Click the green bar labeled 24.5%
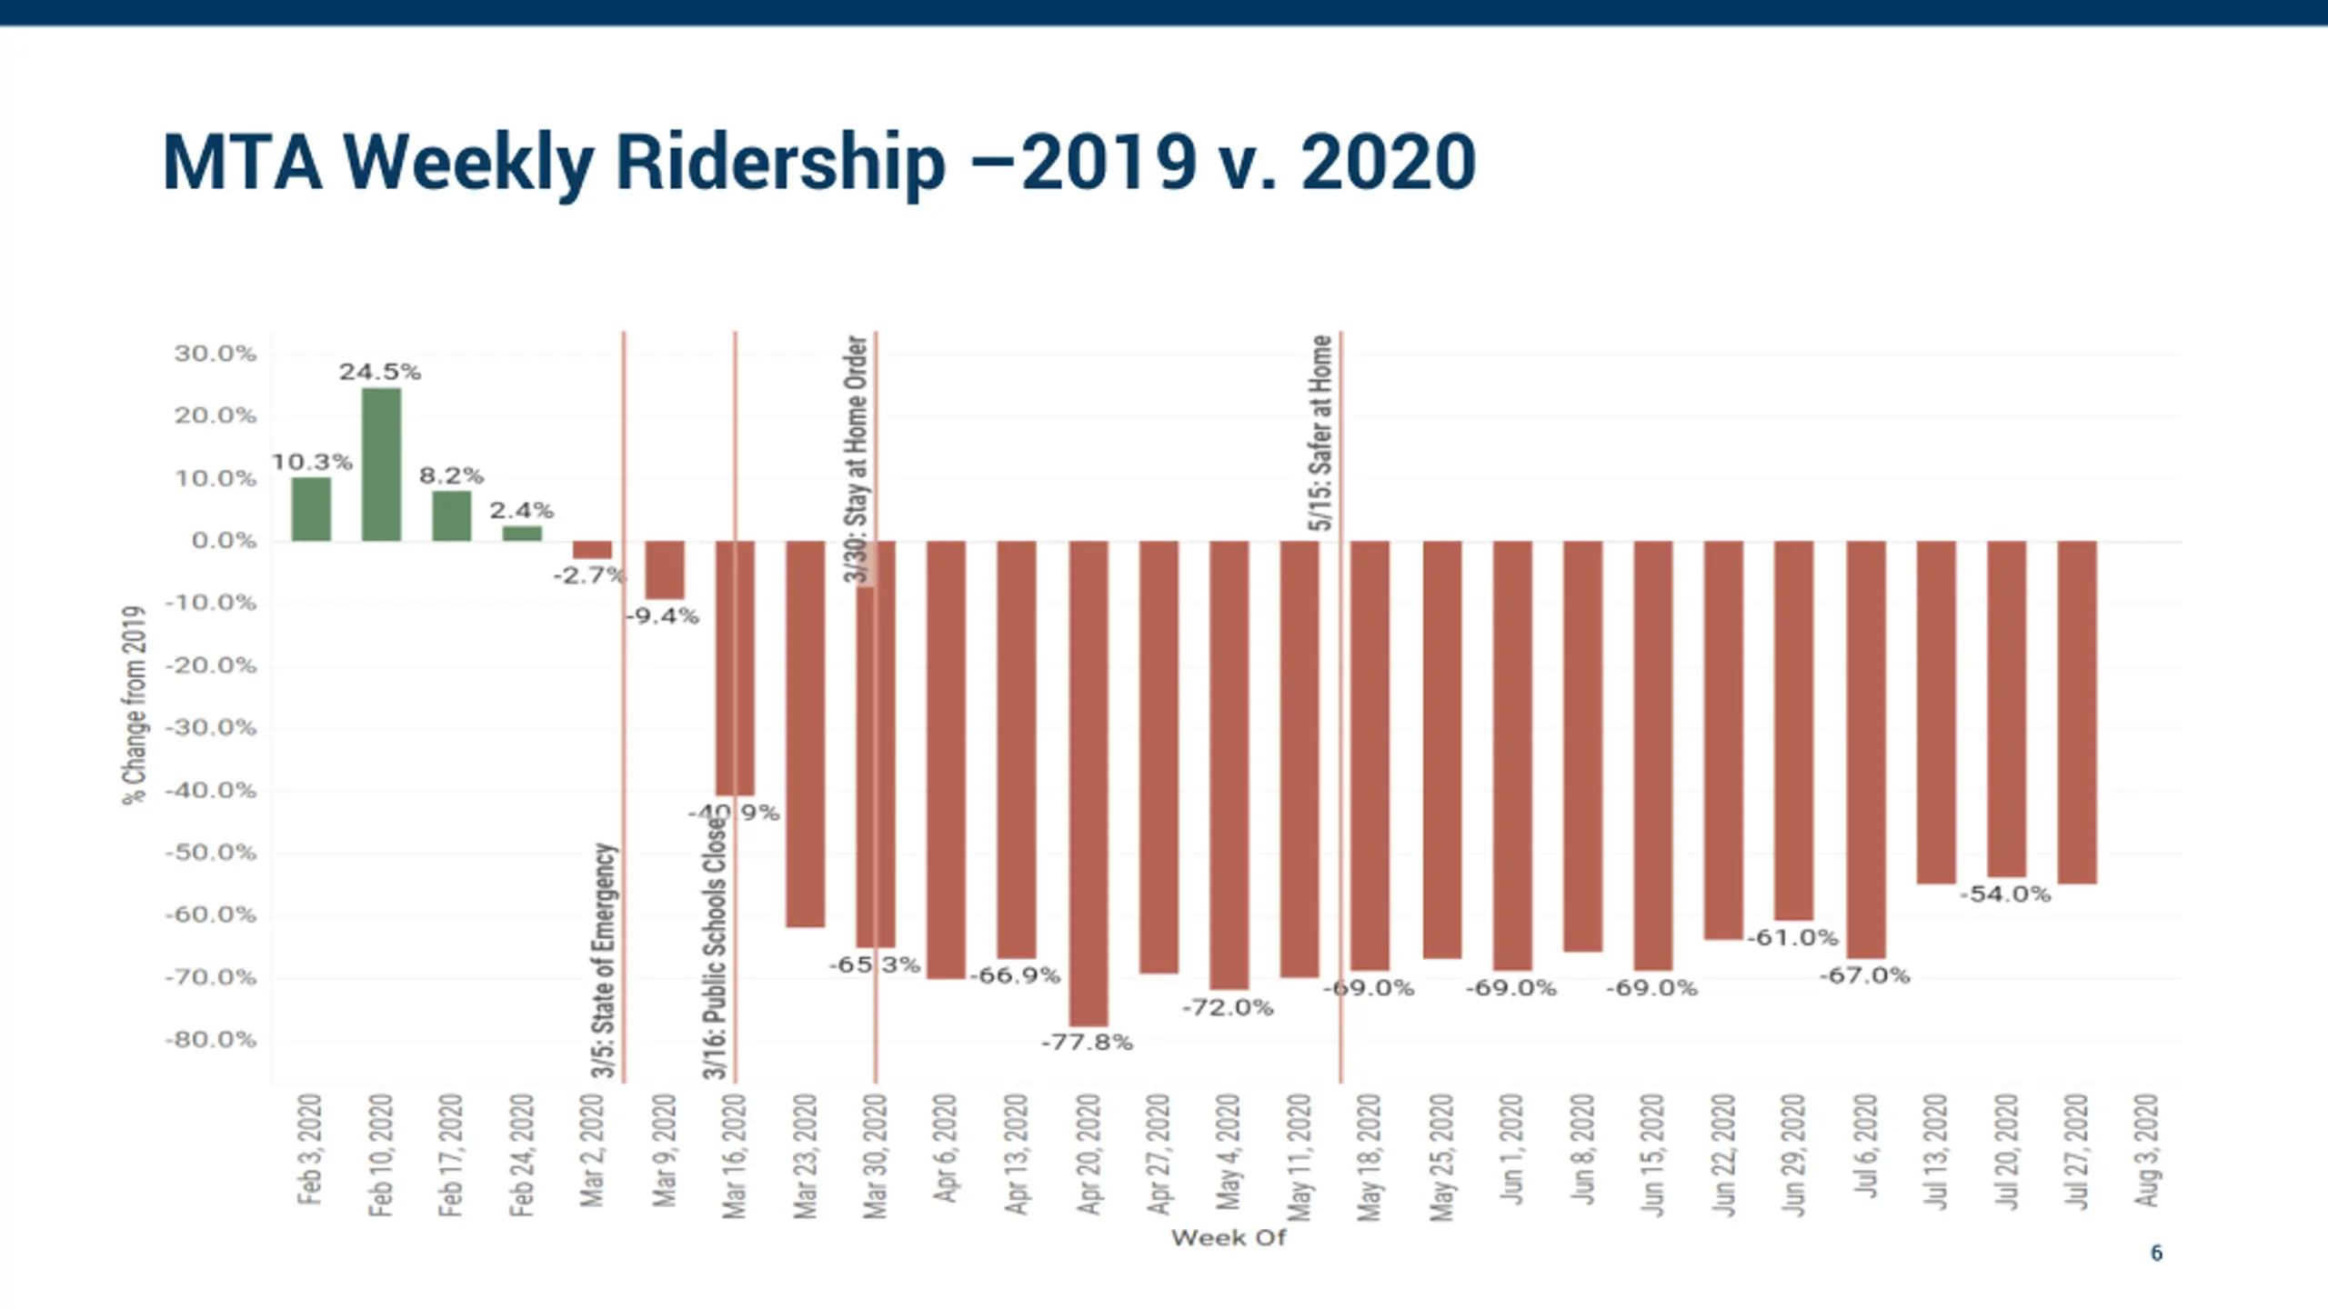[381, 465]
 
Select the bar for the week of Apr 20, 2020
[1089, 783]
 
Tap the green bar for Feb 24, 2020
[522, 534]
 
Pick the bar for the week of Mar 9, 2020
[665, 570]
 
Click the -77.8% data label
[1087, 1043]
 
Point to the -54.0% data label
[2005, 894]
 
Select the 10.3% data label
[312, 462]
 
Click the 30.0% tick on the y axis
[216, 354]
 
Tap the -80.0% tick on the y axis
[211, 1040]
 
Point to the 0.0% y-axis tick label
[224, 541]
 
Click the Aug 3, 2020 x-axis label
[2146, 1151]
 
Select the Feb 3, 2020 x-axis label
[310, 1150]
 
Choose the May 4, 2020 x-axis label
[1229, 1152]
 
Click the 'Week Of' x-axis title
[1228, 1238]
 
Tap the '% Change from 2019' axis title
[134, 705]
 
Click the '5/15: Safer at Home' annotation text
[1321, 433]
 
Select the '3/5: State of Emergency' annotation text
[605, 960]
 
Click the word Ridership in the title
[780, 163]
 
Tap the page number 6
[2156, 1254]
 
